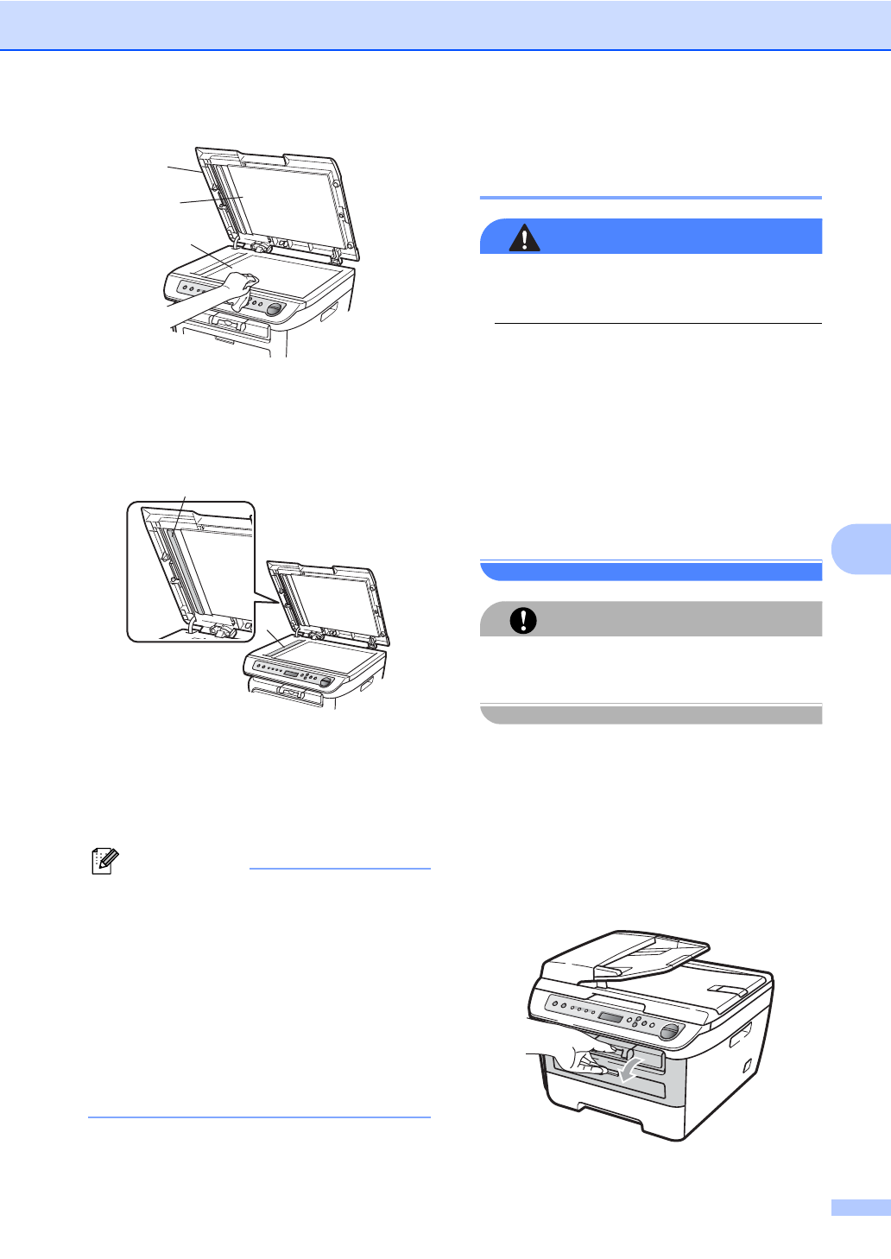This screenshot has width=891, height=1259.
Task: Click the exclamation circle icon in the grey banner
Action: pyautogui.click(x=522, y=620)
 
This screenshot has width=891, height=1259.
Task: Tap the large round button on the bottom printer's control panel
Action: pyautogui.click(x=668, y=1032)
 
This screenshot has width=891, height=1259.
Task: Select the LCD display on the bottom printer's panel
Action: pyautogui.click(x=611, y=1018)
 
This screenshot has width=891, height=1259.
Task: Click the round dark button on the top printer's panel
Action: pyautogui.click(x=275, y=309)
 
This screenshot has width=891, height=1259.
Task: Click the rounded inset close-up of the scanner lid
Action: pyautogui.click(x=191, y=571)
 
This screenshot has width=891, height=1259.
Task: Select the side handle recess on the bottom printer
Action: pyautogui.click(x=741, y=1034)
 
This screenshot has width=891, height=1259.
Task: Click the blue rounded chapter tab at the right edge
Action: pyautogui.click(x=863, y=549)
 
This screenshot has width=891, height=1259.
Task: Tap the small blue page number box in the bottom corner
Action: pyautogui.click(x=860, y=1207)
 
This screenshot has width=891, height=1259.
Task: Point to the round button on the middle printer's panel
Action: pyautogui.click(x=325, y=682)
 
